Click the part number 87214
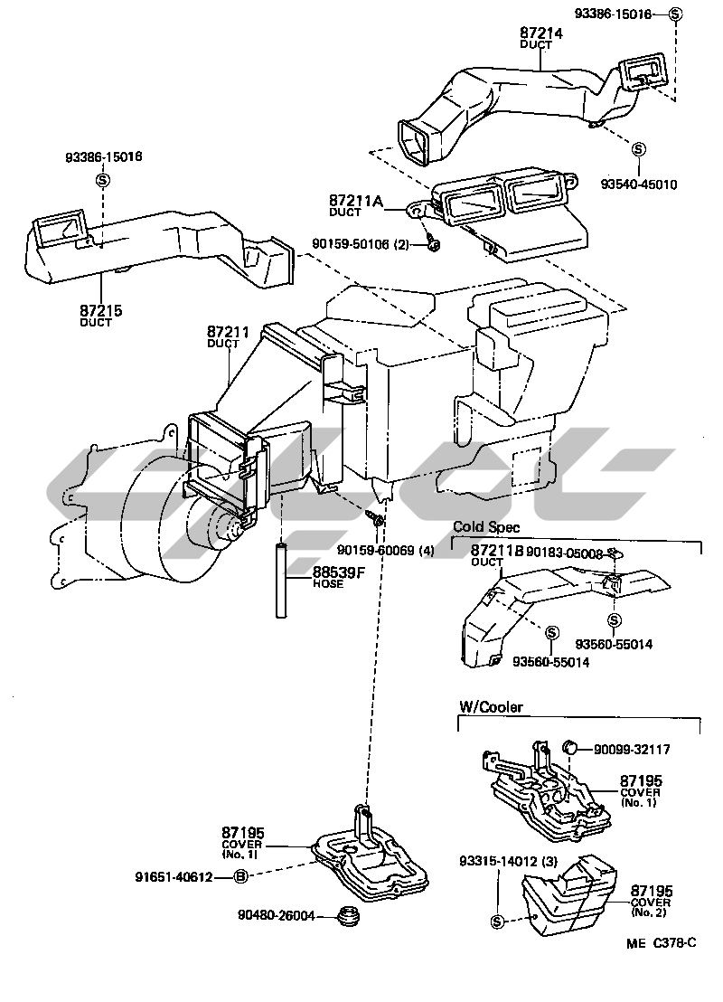pos(540,33)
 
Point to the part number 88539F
pos(340,572)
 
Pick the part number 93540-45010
pos(638,184)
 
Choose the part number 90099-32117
pos(634,750)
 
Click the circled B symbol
pos(240,876)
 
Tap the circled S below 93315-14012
pos(496,922)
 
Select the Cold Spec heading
pos(486,527)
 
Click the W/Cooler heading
pos(491,707)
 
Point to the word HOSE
pos(327,584)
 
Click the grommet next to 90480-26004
pos(344,916)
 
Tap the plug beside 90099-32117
pos(570,747)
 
